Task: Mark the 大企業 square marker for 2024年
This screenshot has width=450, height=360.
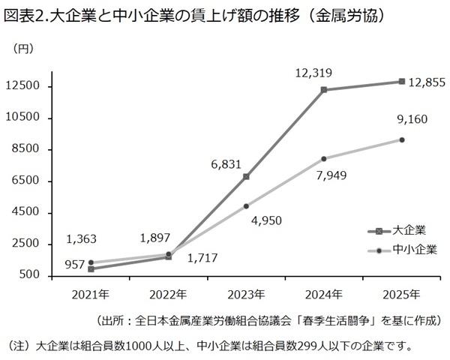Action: point(324,90)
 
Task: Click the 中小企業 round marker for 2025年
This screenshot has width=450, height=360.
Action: point(402,139)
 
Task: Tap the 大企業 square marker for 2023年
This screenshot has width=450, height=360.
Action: point(246,177)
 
